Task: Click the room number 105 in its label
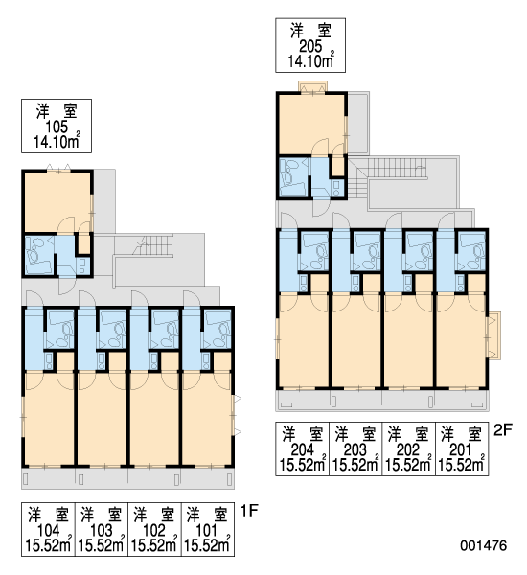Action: pyautogui.click(x=57, y=126)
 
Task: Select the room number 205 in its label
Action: pyautogui.click(x=310, y=46)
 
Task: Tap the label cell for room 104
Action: pyautogui.click(x=48, y=529)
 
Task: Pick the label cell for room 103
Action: pyautogui.click(x=102, y=529)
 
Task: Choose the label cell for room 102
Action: pyautogui.click(x=154, y=529)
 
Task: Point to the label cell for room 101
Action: pyautogui.click(x=208, y=529)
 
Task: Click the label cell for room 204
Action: pyautogui.click(x=302, y=448)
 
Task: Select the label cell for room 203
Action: pyautogui.click(x=355, y=448)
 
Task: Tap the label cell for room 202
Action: pyautogui.click(x=408, y=448)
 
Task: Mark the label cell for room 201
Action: pyautogui.click(x=462, y=448)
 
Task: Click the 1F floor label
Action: pyautogui.click(x=249, y=511)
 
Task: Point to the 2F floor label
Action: pyautogui.click(x=502, y=429)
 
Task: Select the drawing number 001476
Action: pyautogui.click(x=484, y=545)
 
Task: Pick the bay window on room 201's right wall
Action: pyautogui.click(x=493, y=335)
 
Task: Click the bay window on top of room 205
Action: pyautogui.click(x=312, y=87)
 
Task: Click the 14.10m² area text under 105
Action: pyautogui.click(x=57, y=141)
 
